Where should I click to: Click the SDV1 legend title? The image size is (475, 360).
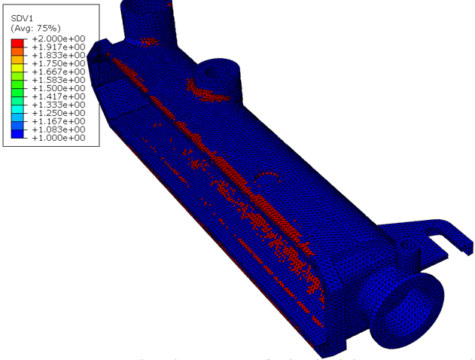pyautogui.click(x=22, y=19)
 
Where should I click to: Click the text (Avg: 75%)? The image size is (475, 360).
pyautogui.click(x=35, y=28)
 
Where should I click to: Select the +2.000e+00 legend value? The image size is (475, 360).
pyautogui.click(x=59, y=39)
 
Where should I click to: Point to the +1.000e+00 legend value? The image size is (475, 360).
pyautogui.click(x=59, y=138)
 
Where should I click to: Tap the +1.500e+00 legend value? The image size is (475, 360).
pyautogui.click(x=59, y=88)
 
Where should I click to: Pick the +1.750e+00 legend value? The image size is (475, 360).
pyautogui.click(x=59, y=63)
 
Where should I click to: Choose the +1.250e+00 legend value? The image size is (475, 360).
pyautogui.click(x=59, y=113)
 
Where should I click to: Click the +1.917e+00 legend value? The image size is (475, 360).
pyautogui.click(x=59, y=47)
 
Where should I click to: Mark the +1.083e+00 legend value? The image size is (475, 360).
pyautogui.click(x=59, y=130)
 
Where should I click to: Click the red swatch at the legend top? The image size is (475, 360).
pyautogui.click(x=17, y=43)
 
